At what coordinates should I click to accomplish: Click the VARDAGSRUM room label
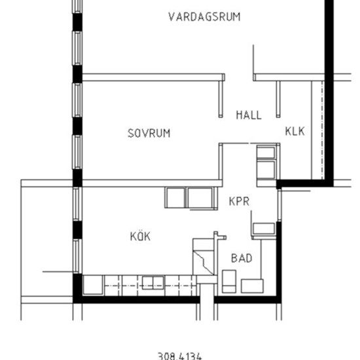[x=204, y=17]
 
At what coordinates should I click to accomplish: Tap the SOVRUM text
[x=149, y=133]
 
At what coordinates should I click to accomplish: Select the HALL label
[x=249, y=115]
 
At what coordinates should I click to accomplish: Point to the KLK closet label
[x=295, y=131]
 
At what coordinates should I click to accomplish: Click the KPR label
[x=239, y=202]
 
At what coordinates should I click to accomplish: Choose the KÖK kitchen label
[x=140, y=236]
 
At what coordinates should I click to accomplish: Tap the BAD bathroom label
[x=242, y=259]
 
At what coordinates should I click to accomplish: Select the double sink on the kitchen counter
[x=153, y=283]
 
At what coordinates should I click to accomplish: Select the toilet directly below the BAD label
[x=229, y=281]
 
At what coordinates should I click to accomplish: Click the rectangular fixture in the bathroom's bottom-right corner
[x=251, y=285]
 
